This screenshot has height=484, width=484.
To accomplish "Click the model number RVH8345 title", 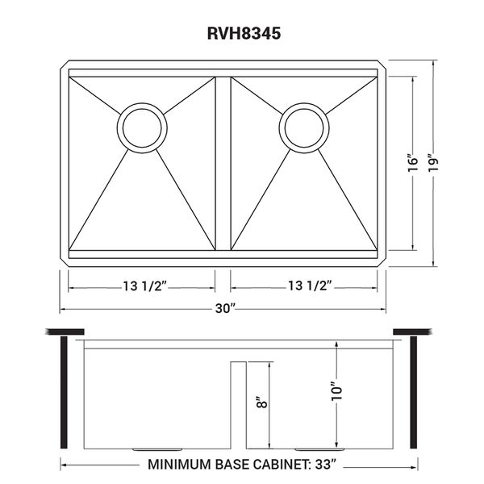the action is [x=244, y=33].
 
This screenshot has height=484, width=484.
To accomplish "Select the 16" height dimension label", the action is [x=413, y=164].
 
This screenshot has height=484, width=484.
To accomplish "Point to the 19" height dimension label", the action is [x=434, y=164].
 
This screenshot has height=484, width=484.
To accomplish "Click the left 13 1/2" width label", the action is [x=145, y=286].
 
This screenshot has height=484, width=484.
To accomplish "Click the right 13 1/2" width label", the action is [x=310, y=286].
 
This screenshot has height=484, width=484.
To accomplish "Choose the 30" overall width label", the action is [x=226, y=308].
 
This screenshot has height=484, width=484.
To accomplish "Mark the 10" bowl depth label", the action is [x=337, y=391].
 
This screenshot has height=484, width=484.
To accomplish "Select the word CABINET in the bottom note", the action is [x=280, y=465].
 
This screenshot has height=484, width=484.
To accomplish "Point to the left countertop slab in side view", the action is [x=65, y=332].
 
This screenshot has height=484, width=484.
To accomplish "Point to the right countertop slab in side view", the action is [x=413, y=332].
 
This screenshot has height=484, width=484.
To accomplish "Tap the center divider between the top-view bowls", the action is [x=223, y=164].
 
